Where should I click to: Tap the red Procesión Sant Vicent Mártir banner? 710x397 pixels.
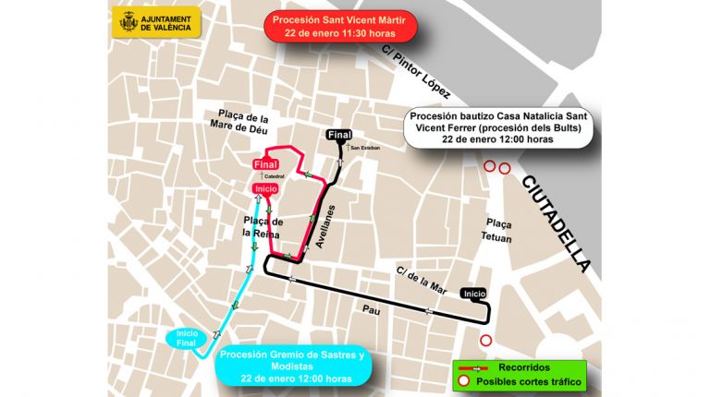pyautogui.click(x=338, y=25)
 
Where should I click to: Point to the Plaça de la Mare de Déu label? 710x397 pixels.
pyautogui.click(x=239, y=123)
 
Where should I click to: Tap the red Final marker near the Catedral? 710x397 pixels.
pyautogui.click(x=265, y=165)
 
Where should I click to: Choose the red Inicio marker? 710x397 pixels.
pyautogui.click(x=265, y=188)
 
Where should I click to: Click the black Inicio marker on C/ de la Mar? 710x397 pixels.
pyautogui.click(x=474, y=294)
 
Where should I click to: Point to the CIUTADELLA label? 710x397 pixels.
pyautogui.click(x=555, y=223)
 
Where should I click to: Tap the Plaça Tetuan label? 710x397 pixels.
pyautogui.click(x=498, y=231)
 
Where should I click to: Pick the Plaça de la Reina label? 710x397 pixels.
pyautogui.click(x=262, y=226)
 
